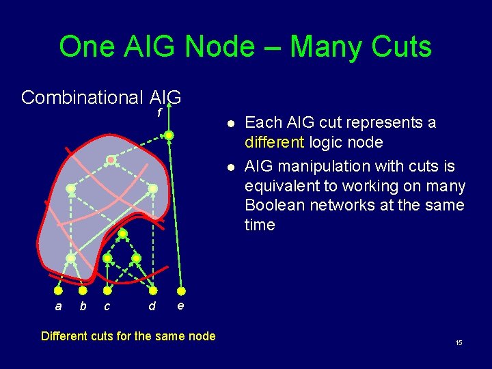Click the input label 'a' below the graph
[x=58, y=307]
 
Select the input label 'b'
[x=83, y=306]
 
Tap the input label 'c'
[x=107, y=307]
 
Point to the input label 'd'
[x=152, y=306]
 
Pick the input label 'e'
[x=180, y=305]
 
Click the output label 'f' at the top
[x=159, y=113]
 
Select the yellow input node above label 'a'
[x=59, y=289]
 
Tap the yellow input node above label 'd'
[x=152, y=289]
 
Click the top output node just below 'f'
[x=169, y=135]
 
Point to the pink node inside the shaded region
[x=111, y=160]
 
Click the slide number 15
[x=459, y=342]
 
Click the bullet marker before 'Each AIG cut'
[x=231, y=124]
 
